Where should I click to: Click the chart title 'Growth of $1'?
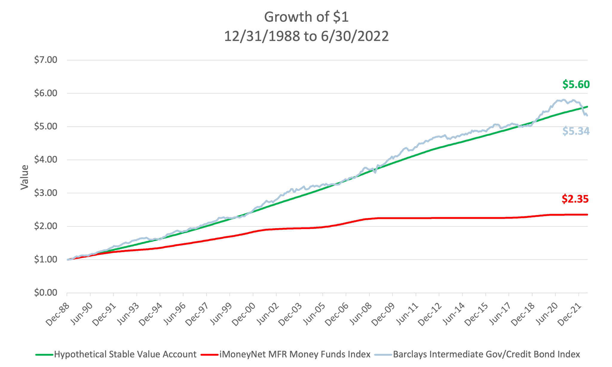click(306, 17)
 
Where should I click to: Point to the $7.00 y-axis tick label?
click(45, 60)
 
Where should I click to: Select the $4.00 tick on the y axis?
click(45, 160)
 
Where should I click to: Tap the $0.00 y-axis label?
click(45, 293)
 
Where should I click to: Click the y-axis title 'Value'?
click(25, 177)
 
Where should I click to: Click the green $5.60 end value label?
click(576, 85)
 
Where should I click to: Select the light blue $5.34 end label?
click(576, 131)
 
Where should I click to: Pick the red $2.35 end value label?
click(575, 199)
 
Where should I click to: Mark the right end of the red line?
click(587, 214)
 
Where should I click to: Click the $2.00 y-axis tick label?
click(45, 226)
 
